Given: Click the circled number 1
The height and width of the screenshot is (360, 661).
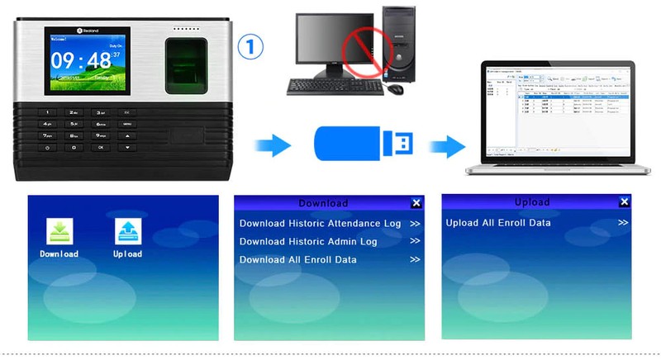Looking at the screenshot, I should tap(250, 46).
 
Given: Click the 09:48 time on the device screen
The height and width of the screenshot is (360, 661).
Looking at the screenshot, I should tap(81, 60).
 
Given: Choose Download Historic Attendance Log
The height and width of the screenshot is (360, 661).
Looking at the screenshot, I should tap(320, 224).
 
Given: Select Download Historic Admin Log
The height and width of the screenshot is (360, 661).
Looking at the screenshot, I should tap(308, 242).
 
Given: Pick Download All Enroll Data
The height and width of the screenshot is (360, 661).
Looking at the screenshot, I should tap(298, 260).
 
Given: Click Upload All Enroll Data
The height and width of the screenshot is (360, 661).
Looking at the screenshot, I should tap(498, 223).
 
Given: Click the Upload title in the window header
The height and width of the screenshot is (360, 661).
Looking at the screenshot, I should tap(531, 202).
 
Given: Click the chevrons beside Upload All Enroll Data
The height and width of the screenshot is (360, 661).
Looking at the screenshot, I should tap(622, 223).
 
